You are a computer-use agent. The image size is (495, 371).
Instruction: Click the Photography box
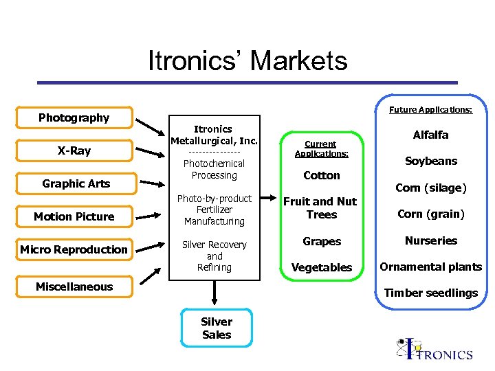[74, 118]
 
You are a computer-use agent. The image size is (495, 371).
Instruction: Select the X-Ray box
[74, 151]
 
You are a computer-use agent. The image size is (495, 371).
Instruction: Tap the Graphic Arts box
[76, 183]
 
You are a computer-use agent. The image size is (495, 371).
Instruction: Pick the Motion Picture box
[74, 216]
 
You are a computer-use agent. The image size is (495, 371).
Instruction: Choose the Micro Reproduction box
[74, 249]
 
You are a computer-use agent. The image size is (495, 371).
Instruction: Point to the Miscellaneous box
[74, 286]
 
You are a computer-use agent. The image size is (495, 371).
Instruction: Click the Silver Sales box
[217, 328]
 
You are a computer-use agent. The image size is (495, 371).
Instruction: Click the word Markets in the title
[298, 61]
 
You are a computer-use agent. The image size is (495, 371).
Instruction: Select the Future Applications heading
[430, 110]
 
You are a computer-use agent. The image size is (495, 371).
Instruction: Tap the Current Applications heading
[321, 149]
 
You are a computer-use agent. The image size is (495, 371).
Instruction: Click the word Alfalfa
[431, 135]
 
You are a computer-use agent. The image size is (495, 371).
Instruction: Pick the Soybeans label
[431, 161]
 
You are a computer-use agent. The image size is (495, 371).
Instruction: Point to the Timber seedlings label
[431, 293]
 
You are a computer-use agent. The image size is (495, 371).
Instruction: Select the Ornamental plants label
[431, 267]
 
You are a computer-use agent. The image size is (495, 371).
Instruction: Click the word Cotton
[322, 176]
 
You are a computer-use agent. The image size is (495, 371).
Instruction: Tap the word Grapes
[322, 242]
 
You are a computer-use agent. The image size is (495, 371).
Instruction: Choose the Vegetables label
[322, 268]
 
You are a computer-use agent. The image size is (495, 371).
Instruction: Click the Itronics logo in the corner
[434, 349]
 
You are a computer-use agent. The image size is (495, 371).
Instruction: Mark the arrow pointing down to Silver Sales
[215, 292]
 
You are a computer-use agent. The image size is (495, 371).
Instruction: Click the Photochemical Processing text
[214, 170]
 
